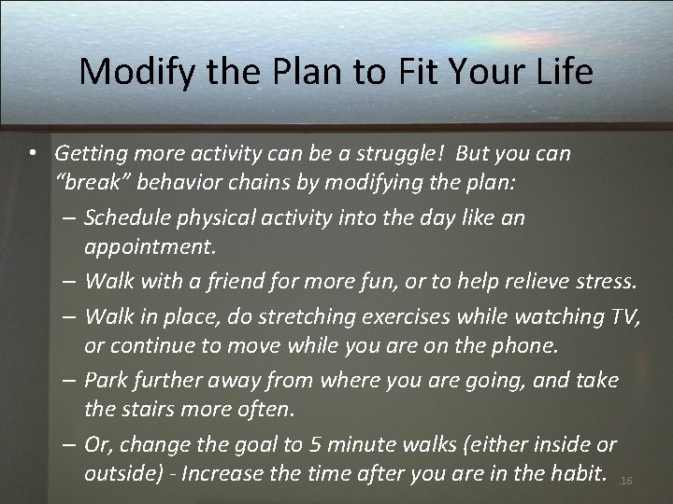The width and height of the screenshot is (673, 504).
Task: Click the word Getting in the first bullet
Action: click(91, 152)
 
